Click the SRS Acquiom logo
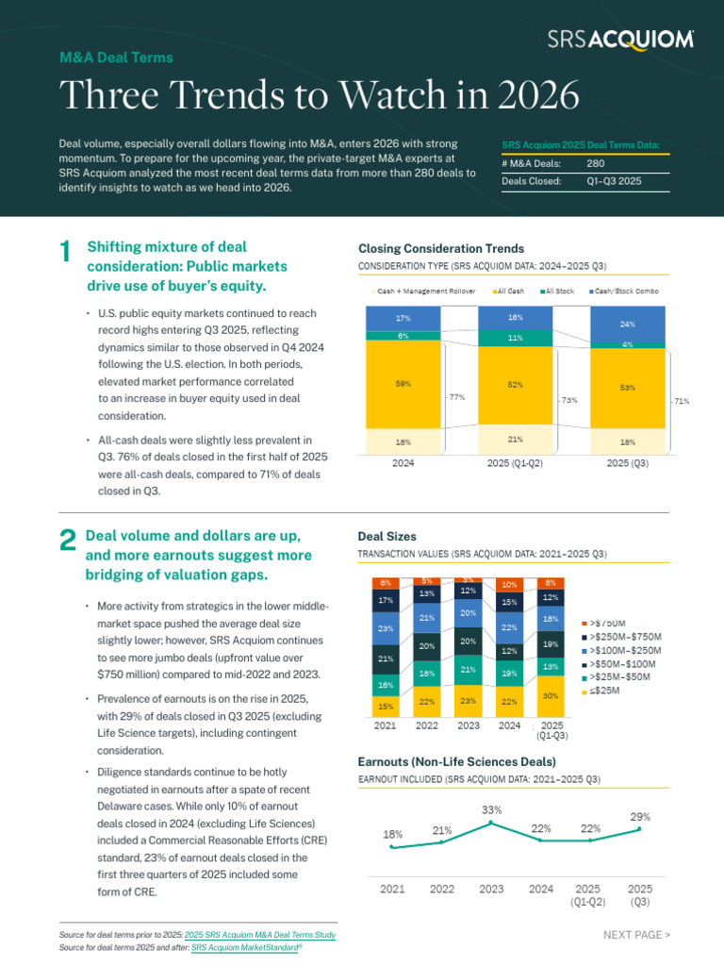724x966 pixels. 621,39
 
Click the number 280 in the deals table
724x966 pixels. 596,163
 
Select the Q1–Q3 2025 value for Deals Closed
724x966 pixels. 614,181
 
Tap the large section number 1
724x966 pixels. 64,252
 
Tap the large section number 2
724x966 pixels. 66,540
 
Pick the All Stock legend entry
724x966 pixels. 561,291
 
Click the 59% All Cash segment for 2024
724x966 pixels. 403,384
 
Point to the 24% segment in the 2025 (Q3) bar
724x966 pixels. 628,324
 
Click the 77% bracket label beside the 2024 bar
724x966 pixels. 457,397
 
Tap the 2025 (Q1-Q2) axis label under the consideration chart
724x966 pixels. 515,463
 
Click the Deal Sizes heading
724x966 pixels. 387,536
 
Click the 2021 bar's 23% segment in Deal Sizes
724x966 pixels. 386,628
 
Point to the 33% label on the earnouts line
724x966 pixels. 491,809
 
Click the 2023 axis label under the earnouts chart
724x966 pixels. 491,889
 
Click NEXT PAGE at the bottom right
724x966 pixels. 636,935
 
